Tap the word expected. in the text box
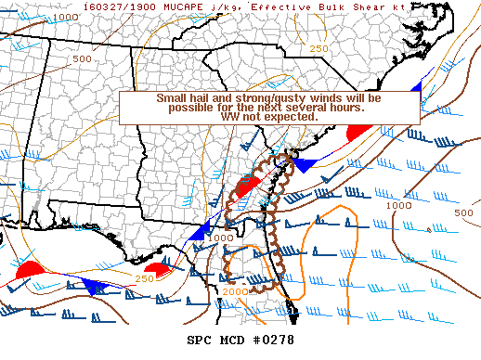coord(296,118)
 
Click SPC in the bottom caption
coord(199,340)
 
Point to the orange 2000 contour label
coord(235,292)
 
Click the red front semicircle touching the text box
coord(357,133)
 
